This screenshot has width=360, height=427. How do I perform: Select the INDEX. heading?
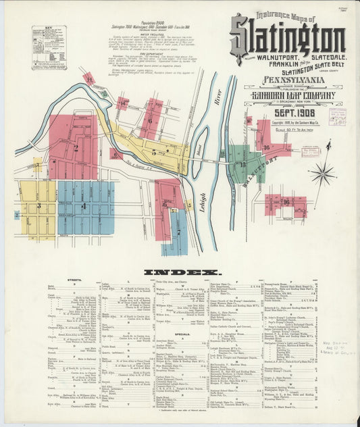click(182, 272)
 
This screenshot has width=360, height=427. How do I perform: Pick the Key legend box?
click(49, 48)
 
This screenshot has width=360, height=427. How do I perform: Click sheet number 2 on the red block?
click(76, 147)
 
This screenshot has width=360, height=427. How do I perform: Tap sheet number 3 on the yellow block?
click(39, 205)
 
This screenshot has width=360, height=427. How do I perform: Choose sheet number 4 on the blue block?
click(84, 206)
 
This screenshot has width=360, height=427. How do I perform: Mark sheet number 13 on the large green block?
click(242, 164)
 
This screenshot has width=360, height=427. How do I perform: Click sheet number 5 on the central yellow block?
click(154, 153)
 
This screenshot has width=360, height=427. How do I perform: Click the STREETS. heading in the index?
click(74, 279)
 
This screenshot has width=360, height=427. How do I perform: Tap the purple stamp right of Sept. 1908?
click(337, 115)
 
